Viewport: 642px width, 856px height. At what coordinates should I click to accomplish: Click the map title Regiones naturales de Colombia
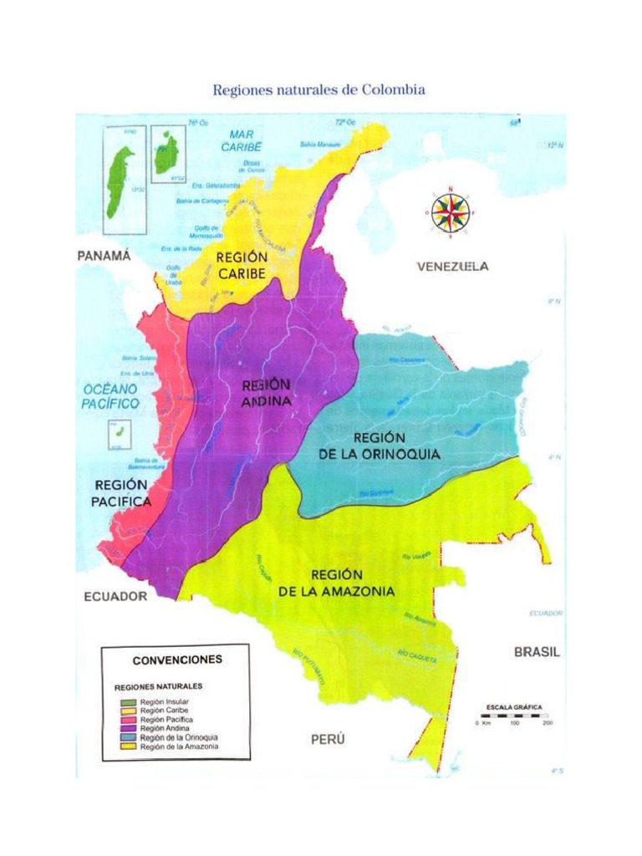point(319,89)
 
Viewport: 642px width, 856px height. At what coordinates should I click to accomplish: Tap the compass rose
point(451,211)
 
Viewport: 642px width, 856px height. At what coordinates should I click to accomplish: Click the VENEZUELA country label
point(452,267)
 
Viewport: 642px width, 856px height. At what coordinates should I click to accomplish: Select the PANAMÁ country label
point(104,257)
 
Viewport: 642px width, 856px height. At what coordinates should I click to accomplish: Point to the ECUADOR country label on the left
point(115,596)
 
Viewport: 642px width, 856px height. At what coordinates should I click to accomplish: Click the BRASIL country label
point(537,652)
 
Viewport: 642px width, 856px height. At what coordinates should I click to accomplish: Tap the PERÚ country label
point(328,740)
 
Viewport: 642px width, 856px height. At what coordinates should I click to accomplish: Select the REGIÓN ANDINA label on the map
point(267,393)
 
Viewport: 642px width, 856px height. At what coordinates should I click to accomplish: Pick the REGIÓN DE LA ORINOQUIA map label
point(379,446)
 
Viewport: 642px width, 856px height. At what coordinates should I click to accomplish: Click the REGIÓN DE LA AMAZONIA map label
point(336,583)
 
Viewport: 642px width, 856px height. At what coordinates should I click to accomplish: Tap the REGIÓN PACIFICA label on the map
point(122,493)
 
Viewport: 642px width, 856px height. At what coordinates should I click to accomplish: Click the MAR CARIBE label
point(242,140)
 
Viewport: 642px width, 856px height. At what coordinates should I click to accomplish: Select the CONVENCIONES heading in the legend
point(177,659)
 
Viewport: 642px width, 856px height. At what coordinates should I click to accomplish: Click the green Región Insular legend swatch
point(128,701)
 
